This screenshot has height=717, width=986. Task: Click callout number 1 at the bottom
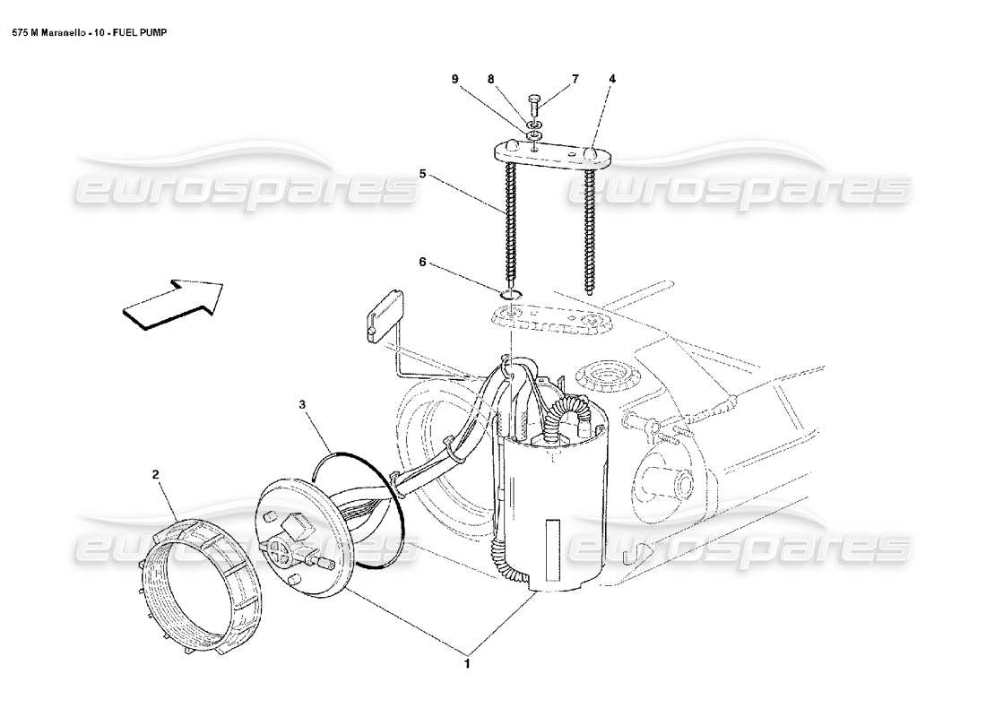click(x=465, y=664)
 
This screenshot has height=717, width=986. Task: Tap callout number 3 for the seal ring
click(x=303, y=405)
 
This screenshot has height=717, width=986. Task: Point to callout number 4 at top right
click(x=612, y=79)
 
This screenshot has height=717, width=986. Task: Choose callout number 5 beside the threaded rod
click(x=422, y=174)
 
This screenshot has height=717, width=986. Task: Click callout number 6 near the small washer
click(x=422, y=263)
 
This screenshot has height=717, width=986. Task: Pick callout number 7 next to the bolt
click(x=575, y=79)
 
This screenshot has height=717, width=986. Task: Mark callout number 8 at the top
click(x=491, y=79)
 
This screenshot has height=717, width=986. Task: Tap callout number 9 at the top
click(x=454, y=79)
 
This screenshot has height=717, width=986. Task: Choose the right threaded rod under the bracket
click(x=589, y=229)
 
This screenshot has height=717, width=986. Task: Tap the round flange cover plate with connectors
click(x=296, y=538)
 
